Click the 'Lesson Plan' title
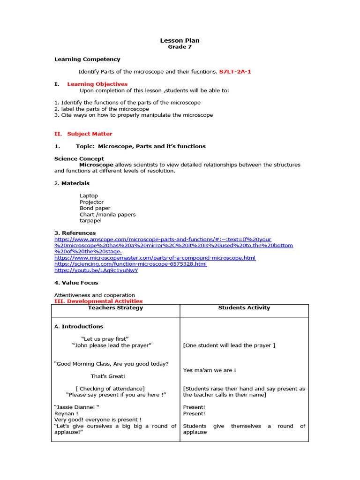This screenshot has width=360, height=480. [180, 41]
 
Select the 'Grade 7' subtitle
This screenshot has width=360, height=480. [180, 47]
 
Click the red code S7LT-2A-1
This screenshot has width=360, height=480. [238, 72]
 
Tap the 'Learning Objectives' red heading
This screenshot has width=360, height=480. [97, 84]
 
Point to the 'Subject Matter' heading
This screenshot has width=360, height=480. [90, 134]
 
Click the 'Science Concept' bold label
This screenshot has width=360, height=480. [79, 158]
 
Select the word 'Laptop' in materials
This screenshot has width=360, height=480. [89, 195]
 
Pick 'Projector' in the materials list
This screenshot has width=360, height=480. [91, 202]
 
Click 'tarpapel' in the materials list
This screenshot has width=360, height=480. [90, 220]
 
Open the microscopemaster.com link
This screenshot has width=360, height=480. [155, 258]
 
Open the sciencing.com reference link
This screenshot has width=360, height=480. [130, 264]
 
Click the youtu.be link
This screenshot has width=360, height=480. [96, 270]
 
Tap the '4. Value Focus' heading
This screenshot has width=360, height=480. [76, 283]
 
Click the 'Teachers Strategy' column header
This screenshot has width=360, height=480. [115, 308]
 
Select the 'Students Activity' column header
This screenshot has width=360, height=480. [244, 308]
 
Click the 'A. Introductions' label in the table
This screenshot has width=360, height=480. [79, 326]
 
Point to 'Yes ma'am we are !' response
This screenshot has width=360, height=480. [209, 370]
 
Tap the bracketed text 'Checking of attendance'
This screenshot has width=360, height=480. [110, 388]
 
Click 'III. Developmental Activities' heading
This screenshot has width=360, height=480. [98, 301]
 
